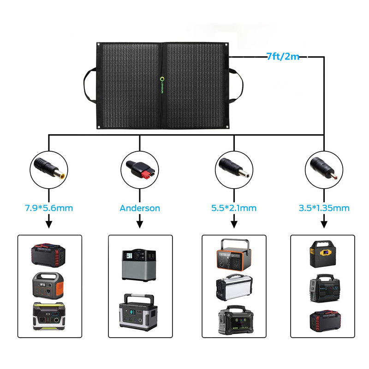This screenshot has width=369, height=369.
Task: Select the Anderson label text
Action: click(x=140, y=208)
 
